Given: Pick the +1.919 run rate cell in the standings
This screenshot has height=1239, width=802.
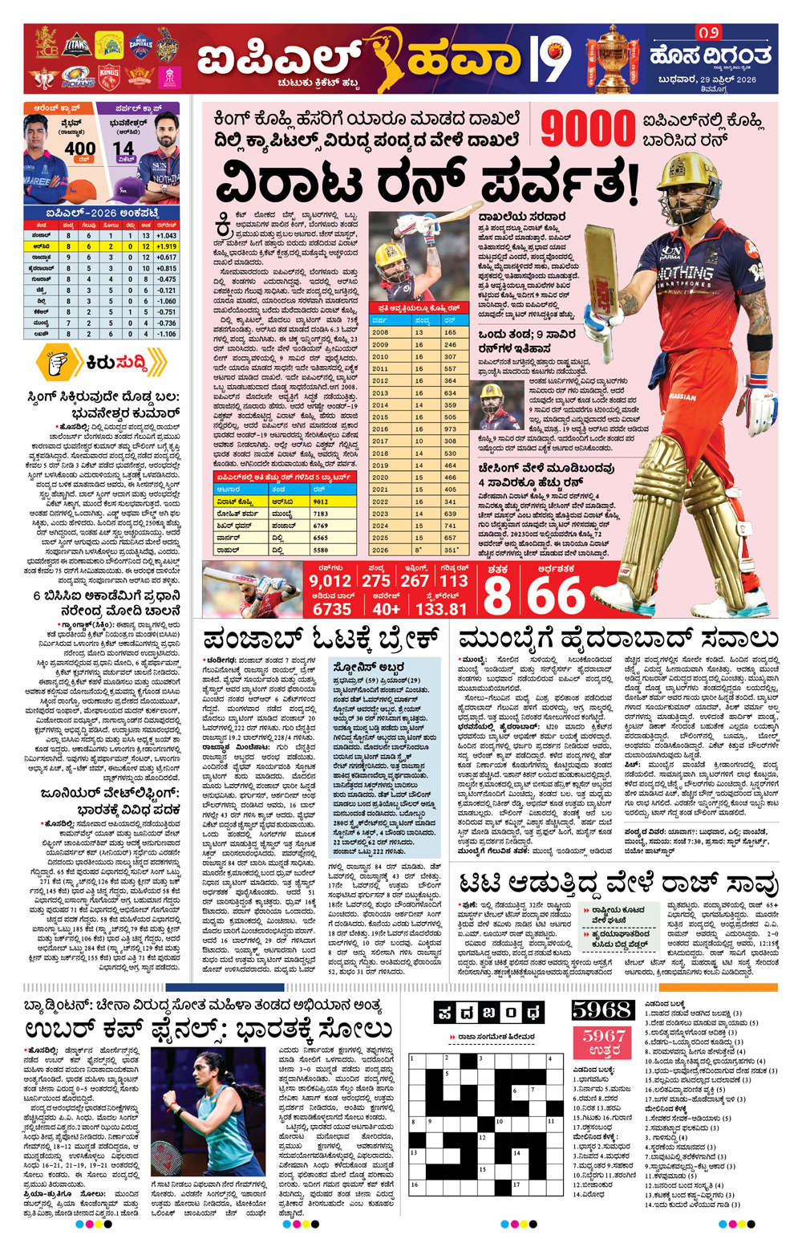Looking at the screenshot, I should click(x=166, y=247).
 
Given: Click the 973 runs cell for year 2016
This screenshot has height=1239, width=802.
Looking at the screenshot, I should click(x=450, y=429).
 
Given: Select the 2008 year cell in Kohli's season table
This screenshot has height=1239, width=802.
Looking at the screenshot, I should click(x=380, y=332).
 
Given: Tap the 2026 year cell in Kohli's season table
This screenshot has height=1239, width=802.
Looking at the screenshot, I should click(x=380, y=550).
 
